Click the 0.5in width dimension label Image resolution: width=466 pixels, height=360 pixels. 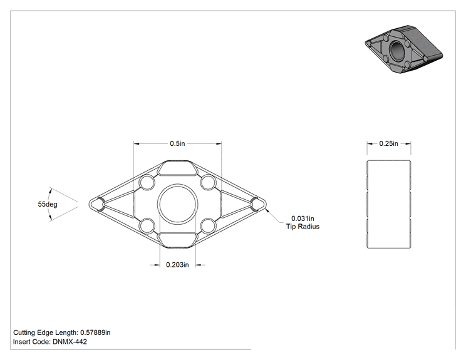(177, 143)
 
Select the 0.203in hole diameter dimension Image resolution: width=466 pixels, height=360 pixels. (177, 265)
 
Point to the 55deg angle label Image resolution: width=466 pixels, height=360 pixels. (48, 204)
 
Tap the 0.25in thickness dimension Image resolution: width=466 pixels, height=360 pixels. (389, 143)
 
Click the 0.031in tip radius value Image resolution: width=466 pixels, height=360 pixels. (303, 219)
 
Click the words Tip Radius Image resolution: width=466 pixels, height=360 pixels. (303, 227)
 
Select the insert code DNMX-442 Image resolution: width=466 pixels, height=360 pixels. (70, 342)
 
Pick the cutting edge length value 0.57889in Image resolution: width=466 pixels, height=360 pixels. (95, 332)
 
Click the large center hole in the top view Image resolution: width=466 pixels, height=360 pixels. (177, 204)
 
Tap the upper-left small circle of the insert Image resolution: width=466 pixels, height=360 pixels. (147, 182)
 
